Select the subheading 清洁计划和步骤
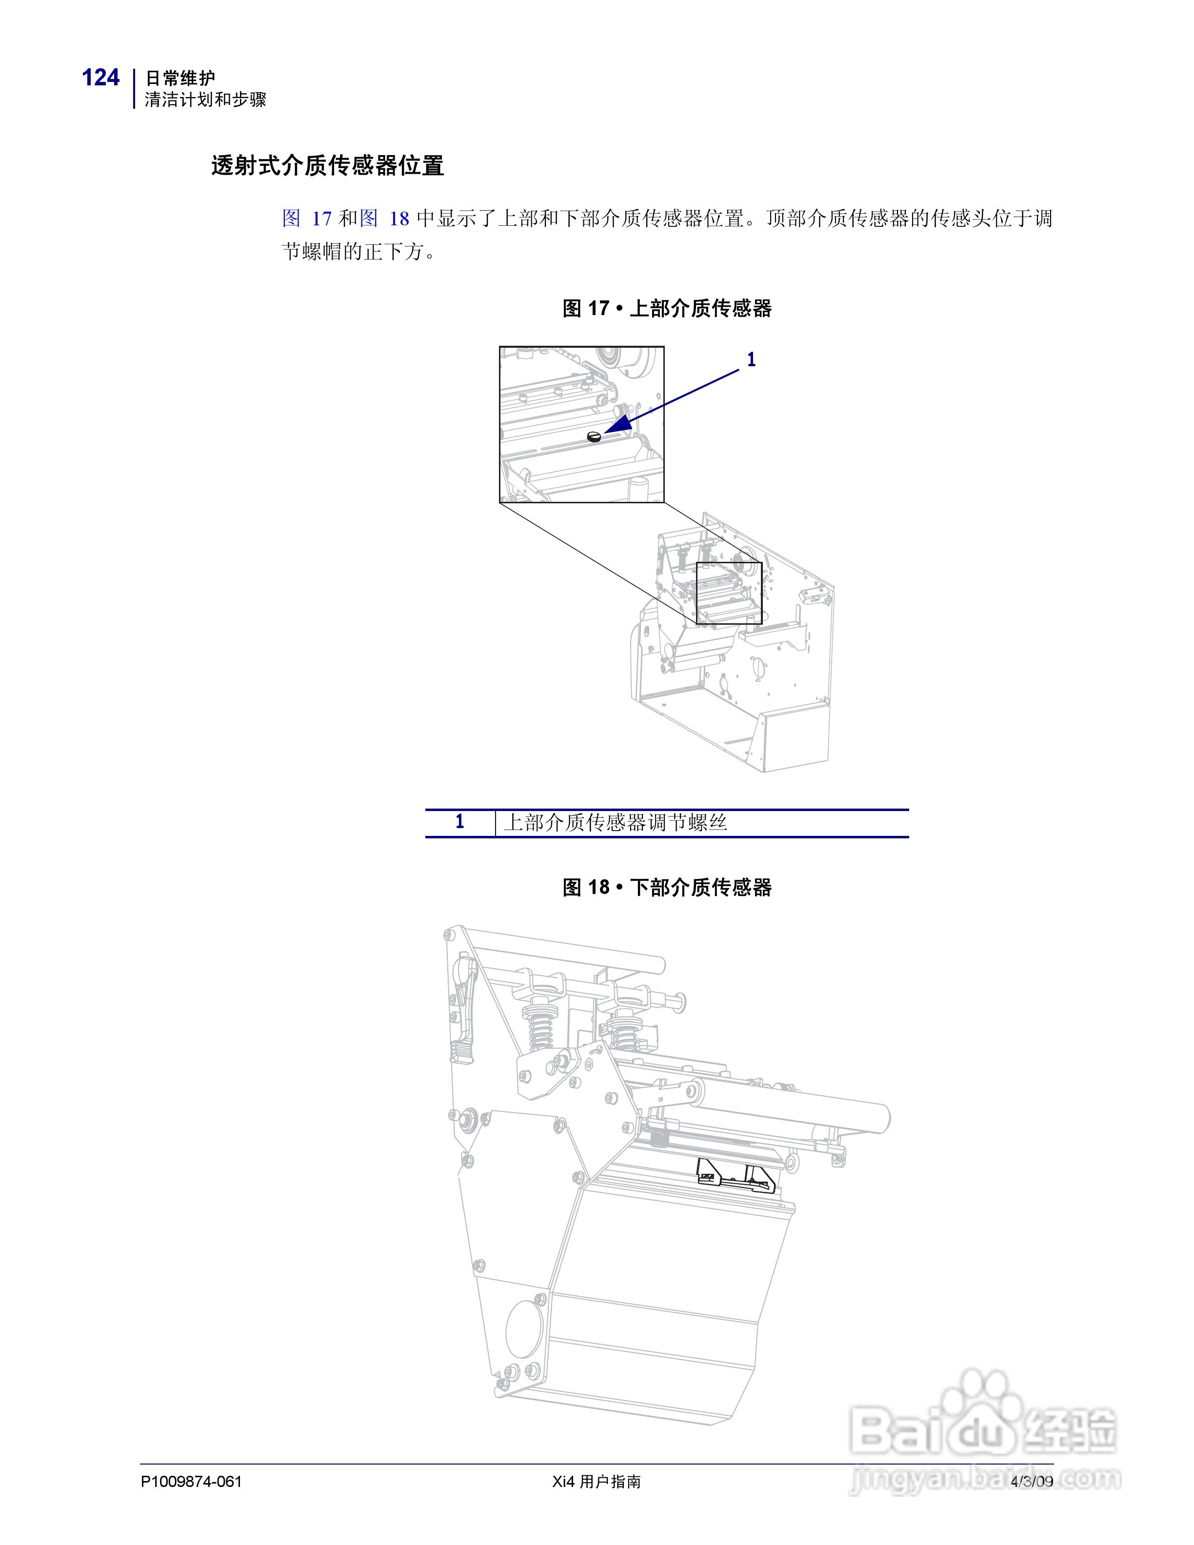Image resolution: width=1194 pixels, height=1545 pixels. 205,100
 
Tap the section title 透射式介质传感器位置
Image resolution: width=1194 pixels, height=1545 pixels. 327,165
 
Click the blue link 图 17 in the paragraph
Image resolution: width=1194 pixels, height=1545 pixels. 306,218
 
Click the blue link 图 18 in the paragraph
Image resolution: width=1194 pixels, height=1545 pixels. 384,218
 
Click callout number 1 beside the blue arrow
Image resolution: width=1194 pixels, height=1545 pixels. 751,360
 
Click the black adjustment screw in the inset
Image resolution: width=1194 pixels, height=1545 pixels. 594,436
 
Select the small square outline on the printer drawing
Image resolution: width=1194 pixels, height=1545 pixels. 729,593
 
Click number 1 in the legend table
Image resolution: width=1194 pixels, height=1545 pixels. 460,822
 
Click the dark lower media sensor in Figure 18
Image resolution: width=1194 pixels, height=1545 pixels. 736,1176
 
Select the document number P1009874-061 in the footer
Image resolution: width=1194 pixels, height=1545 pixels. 191,1481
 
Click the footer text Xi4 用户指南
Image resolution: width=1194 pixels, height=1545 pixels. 597,1481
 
